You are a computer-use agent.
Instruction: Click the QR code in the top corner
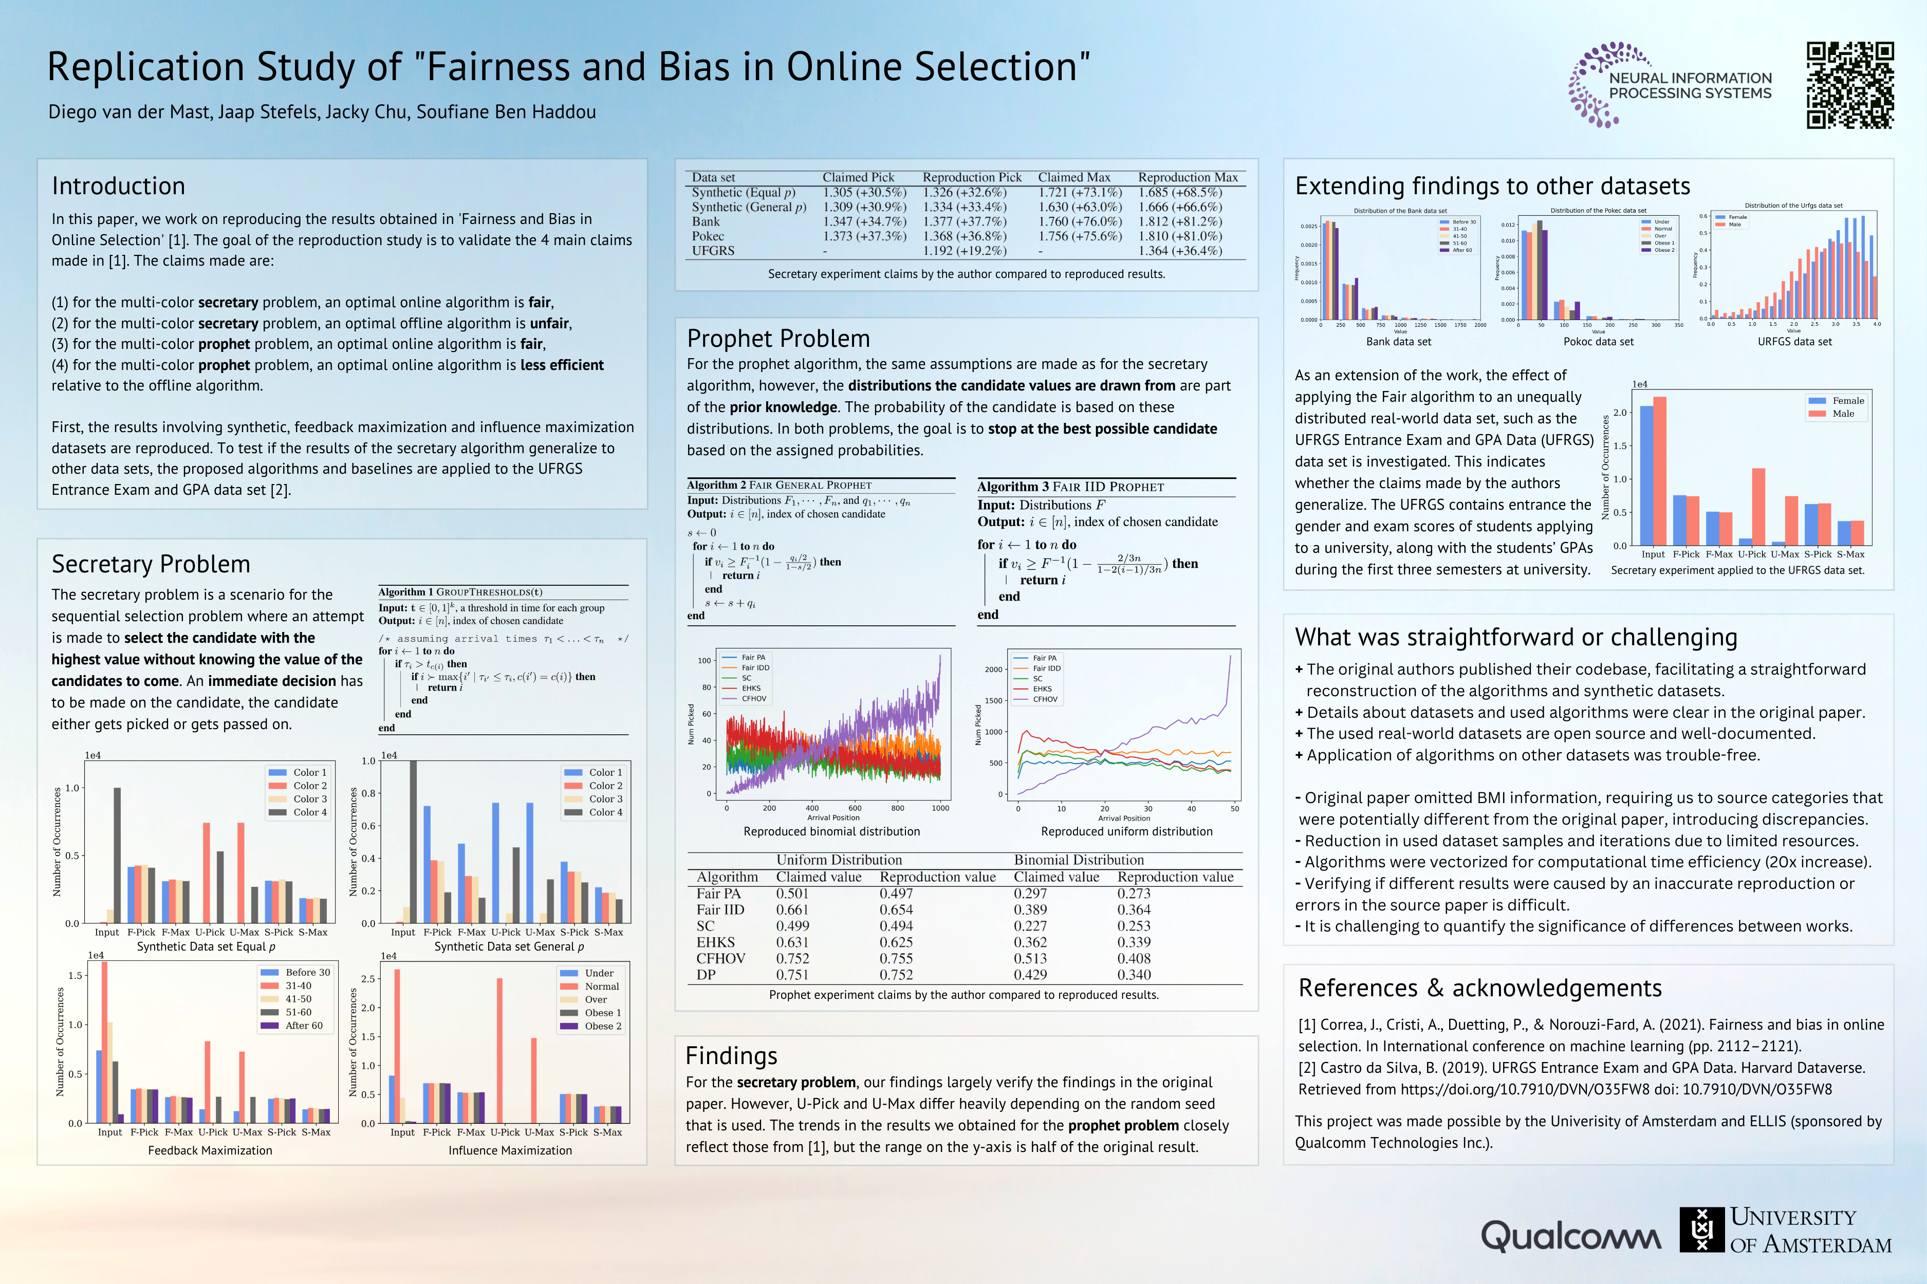(x=1850, y=85)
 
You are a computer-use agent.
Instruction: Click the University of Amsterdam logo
(x=1785, y=1230)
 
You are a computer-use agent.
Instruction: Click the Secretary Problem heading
(x=151, y=564)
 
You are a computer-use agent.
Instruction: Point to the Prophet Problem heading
(x=778, y=338)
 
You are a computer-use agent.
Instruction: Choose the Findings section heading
(x=731, y=1055)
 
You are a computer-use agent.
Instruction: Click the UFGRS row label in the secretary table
(x=713, y=251)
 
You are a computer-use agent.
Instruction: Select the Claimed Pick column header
(x=858, y=177)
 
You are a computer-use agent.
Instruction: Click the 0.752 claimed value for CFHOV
(x=792, y=958)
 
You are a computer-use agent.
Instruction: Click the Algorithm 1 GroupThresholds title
(x=460, y=592)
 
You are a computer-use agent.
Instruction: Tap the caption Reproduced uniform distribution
(x=1126, y=831)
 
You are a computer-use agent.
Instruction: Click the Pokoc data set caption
(x=1598, y=342)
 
